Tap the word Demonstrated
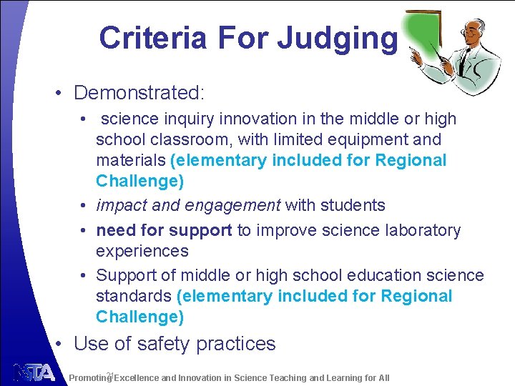(x=139, y=93)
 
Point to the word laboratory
(x=417, y=231)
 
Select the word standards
(x=134, y=296)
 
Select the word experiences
(x=142, y=252)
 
